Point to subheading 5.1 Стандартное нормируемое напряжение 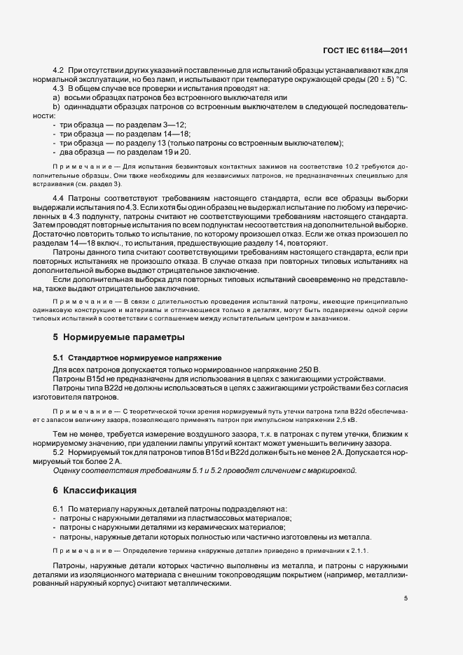(x=137, y=358)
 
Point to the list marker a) (x=56, y=98)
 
